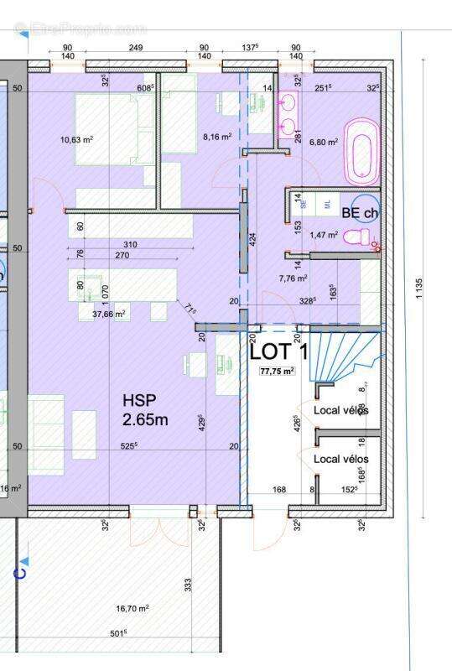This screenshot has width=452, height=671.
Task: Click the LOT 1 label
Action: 279,351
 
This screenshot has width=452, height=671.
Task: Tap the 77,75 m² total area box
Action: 277,371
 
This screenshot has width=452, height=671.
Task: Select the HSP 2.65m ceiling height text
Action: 145,409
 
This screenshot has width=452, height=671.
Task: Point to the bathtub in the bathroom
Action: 361,151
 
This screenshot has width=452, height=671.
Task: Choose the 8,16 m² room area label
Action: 216,136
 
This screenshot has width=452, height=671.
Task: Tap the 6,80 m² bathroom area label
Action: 323,142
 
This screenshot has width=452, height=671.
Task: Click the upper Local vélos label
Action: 340,410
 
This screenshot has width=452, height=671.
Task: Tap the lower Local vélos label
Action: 340,460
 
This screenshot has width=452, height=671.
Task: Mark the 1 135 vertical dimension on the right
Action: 418,289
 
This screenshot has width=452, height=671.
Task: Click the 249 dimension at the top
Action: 136,48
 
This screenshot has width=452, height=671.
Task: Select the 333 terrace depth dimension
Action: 189,580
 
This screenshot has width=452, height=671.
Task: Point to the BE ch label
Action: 359,214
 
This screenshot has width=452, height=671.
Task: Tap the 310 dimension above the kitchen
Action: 128,245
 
